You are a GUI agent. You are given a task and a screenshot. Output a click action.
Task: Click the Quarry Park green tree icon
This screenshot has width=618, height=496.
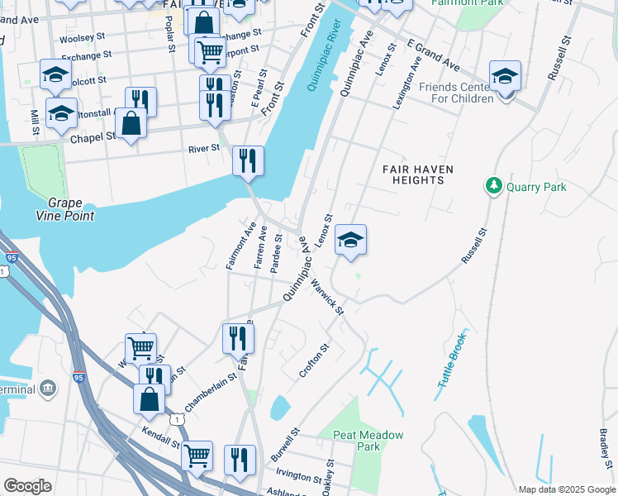[494, 186]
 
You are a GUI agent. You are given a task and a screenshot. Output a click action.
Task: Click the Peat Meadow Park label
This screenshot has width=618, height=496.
[368, 441]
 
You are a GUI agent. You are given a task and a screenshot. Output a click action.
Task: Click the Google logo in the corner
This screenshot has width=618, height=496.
[27, 486]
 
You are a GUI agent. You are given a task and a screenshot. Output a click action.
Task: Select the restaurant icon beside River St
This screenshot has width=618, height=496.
[248, 160]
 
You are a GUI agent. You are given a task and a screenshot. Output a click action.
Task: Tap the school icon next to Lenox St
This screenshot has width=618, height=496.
[350, 241]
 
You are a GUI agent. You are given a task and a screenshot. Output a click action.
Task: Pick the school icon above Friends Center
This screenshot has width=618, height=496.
[505, 76]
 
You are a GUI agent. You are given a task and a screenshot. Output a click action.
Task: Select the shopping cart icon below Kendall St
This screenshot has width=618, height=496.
[197, 455]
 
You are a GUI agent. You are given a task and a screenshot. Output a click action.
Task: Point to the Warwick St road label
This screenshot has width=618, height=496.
[328, 296]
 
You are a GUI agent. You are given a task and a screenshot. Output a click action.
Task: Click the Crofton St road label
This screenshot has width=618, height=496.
[315, 360]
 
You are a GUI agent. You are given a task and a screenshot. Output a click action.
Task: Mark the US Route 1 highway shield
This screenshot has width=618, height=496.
[176, 419]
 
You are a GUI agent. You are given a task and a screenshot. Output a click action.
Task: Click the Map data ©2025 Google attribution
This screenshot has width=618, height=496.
[566, 489]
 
